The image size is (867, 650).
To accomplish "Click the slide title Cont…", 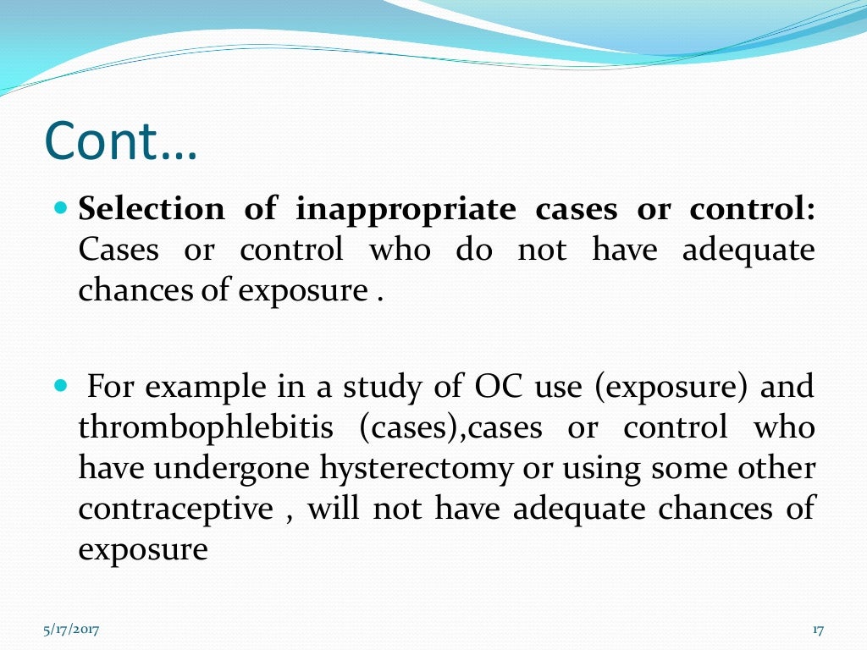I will click(x=120, y=142).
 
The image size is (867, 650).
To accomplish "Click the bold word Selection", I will click(x=152, y=209).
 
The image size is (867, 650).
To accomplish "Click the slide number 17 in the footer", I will click(x=817, y=630).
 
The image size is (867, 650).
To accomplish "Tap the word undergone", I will click(x=238, y=468).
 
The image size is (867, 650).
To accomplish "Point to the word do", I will click(x=474, y=250).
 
